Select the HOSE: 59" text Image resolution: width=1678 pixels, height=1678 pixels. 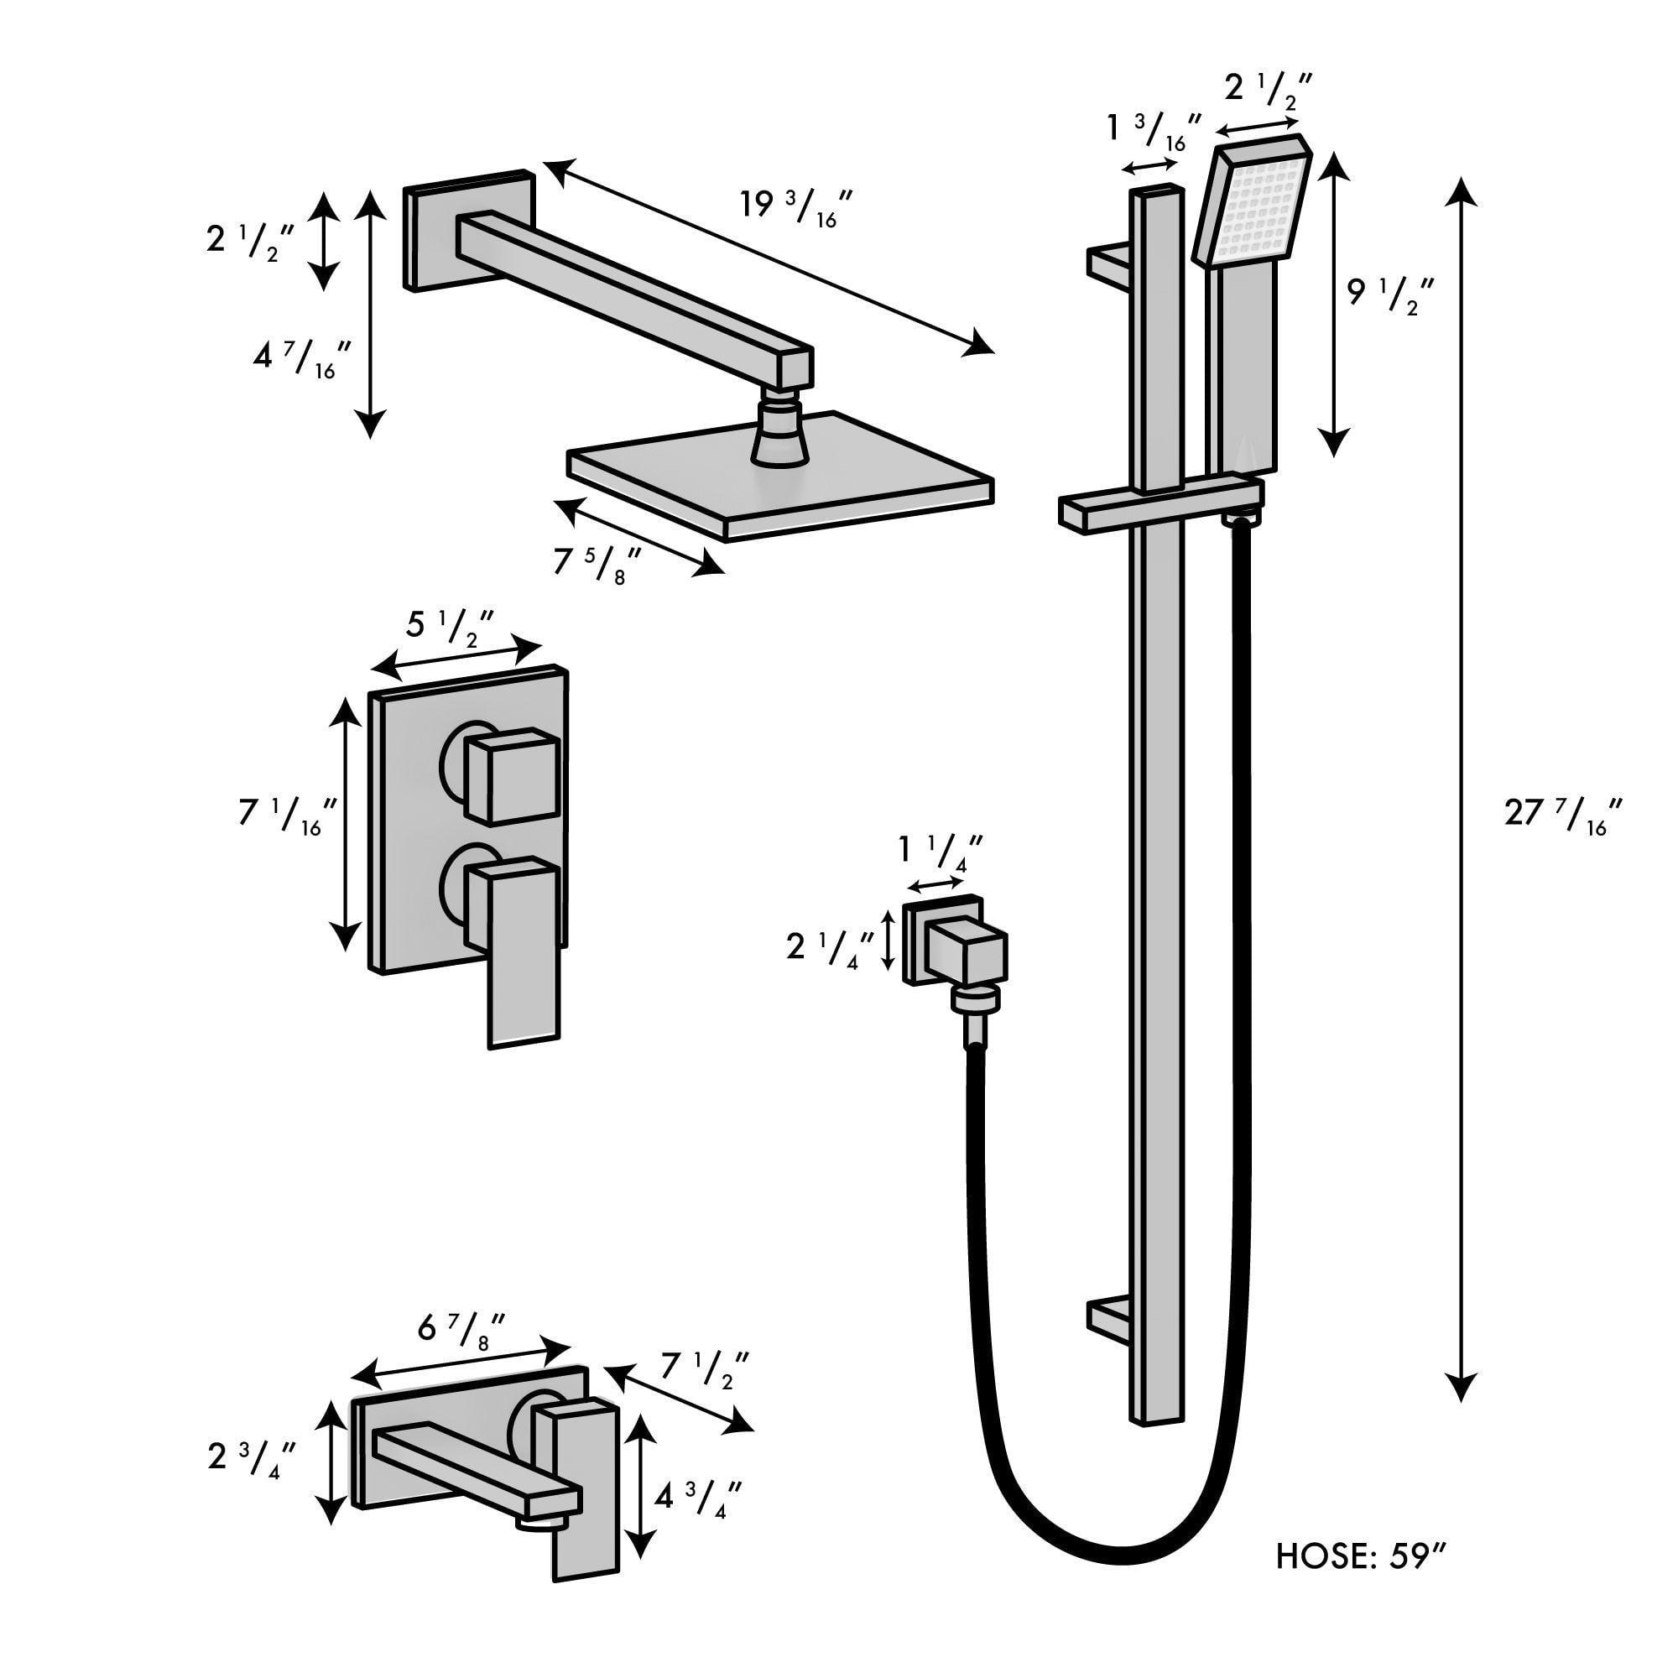click(1360, 1556)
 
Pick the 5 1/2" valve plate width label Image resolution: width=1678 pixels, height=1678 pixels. click(450, 624)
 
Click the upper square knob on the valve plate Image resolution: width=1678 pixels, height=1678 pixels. click(511, 774)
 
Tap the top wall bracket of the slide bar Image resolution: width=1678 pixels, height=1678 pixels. click(1108, 262)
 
